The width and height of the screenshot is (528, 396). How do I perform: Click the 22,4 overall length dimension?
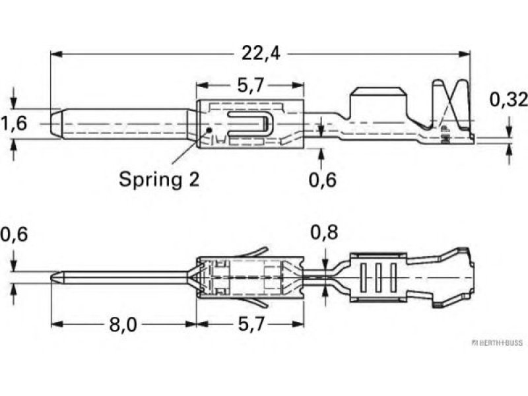point(260,53)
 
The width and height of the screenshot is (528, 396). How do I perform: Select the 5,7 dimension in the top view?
point(250,86)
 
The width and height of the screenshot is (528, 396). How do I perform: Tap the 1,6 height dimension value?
point(13,123)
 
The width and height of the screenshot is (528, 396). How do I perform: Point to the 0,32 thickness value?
point(508,100)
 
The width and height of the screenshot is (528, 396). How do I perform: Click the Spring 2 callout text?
point(158,178)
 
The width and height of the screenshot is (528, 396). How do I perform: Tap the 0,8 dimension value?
point(324,234)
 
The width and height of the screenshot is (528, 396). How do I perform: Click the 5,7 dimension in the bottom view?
point(250,325)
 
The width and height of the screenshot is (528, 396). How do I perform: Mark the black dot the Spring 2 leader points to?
point(209,130)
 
